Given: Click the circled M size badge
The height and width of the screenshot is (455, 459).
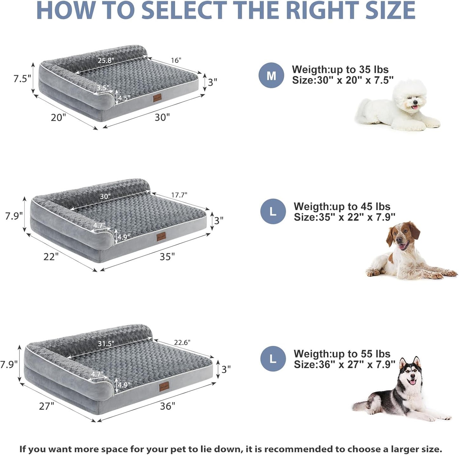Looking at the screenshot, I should point(271,76).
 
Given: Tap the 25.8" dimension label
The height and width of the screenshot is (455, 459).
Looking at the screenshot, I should point(106,60).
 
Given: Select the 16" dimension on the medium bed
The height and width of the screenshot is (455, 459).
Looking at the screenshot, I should point(176,60).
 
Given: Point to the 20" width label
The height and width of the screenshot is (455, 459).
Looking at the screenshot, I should point(58,118).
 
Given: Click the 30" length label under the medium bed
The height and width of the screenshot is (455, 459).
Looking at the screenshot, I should point(162,117).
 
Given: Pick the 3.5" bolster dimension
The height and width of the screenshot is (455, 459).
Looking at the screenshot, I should point(103,88).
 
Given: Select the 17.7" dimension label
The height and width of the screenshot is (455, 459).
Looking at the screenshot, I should point(179,195).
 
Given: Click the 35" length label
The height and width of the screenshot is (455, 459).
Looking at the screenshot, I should point(167,256).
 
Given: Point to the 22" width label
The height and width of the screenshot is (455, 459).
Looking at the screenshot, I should point(51,256).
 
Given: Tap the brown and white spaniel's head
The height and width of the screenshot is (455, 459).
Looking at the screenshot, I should point(402,237).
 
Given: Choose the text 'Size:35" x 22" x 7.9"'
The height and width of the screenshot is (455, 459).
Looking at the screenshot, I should point(344,217).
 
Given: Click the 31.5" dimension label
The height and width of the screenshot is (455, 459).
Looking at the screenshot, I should point(106,343).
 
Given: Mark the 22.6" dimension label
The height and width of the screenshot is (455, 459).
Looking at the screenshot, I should point(182,342).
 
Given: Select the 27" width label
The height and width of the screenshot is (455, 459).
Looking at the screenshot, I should point(47,406).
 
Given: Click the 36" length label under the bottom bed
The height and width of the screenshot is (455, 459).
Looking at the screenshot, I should point(167,406).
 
